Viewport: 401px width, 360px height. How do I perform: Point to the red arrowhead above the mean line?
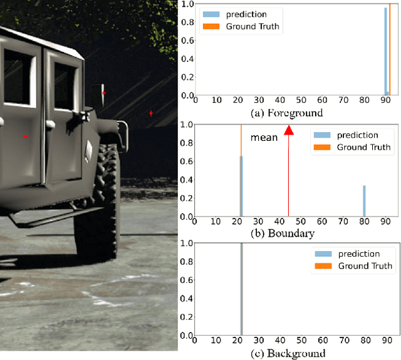tap(288, 130)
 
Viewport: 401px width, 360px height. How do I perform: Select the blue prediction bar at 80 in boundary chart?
tap(364, 200)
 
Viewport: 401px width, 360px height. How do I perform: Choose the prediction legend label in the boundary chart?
tap(357, 135)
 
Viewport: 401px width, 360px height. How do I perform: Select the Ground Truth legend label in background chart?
tap(365, 266)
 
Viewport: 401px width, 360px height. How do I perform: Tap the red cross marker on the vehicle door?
tap(25, 136)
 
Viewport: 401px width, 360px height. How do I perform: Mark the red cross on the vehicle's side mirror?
tap(104, 93)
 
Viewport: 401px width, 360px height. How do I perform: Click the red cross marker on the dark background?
tap(151, 113)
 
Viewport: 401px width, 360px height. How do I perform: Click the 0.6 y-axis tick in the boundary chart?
tap(186, 161)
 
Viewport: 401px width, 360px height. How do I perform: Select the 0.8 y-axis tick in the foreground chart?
tap(186, 24)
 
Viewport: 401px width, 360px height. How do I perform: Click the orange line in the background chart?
tap(242, 288)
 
